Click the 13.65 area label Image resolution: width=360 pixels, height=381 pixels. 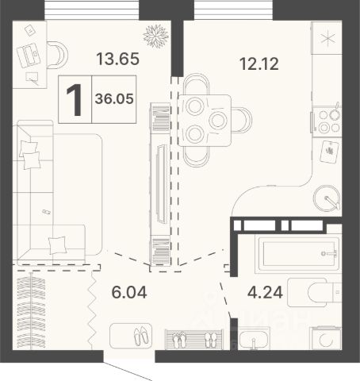click(117, 59)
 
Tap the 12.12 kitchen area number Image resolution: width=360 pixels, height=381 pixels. click(259, 64)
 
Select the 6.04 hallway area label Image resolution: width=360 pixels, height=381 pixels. click(129, 292)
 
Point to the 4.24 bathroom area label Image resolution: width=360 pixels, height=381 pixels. click(265, 292)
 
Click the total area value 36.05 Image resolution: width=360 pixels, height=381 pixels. click(114, 99)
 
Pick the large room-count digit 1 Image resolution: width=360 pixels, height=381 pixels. click(75, 100)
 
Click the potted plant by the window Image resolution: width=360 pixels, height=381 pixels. click(156, 36)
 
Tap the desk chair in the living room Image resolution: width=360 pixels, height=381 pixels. click(57, 55)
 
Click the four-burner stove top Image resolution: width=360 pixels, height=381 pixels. click(327, 121)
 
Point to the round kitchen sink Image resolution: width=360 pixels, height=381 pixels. click(327, 198)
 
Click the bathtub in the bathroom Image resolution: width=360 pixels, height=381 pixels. click(297, 254)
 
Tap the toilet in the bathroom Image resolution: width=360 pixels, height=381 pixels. click(315, 292)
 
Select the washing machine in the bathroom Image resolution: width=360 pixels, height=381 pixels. click(326, 338)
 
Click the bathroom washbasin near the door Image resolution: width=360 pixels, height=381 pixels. click(254, 339)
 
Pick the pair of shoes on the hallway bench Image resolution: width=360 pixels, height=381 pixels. click(142, 336)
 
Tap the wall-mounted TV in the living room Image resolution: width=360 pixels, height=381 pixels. click(162, 184)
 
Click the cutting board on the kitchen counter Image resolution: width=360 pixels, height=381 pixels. click(329, 152)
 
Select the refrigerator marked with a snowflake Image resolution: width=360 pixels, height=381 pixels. click(327, 38)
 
